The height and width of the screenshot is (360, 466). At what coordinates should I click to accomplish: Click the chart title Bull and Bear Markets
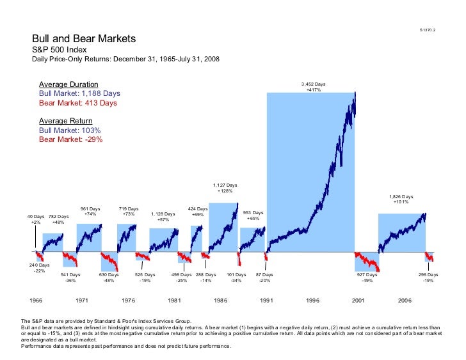coord(84,39)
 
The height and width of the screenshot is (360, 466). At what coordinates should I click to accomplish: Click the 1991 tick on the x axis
coord(266,299)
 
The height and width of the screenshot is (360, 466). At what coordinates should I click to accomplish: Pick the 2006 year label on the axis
coord(405,299)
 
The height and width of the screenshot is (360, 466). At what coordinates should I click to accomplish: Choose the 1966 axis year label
coord(36,299)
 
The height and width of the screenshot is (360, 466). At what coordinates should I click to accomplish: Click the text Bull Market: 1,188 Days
coord(79,93)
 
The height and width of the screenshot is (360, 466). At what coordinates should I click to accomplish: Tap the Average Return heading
coord(66,121)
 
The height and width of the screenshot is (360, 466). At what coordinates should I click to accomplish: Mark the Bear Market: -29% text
coord(70,139)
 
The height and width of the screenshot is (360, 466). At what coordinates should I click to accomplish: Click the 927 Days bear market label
coord(367,274)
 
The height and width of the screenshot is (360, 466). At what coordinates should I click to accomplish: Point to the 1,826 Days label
coord(401,197)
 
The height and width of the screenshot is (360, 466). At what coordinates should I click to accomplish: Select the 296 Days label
coord(428,274)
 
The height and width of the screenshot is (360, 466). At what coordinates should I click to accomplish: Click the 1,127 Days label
coord(225,185)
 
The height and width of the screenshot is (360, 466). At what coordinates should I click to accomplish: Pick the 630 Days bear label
coord(109,274)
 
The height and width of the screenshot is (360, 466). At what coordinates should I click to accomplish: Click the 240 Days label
coord(39,265)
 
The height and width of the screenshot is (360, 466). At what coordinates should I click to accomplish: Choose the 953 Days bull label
coord(253,212)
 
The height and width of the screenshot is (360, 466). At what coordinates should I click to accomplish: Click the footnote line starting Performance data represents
coord(125,346)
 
